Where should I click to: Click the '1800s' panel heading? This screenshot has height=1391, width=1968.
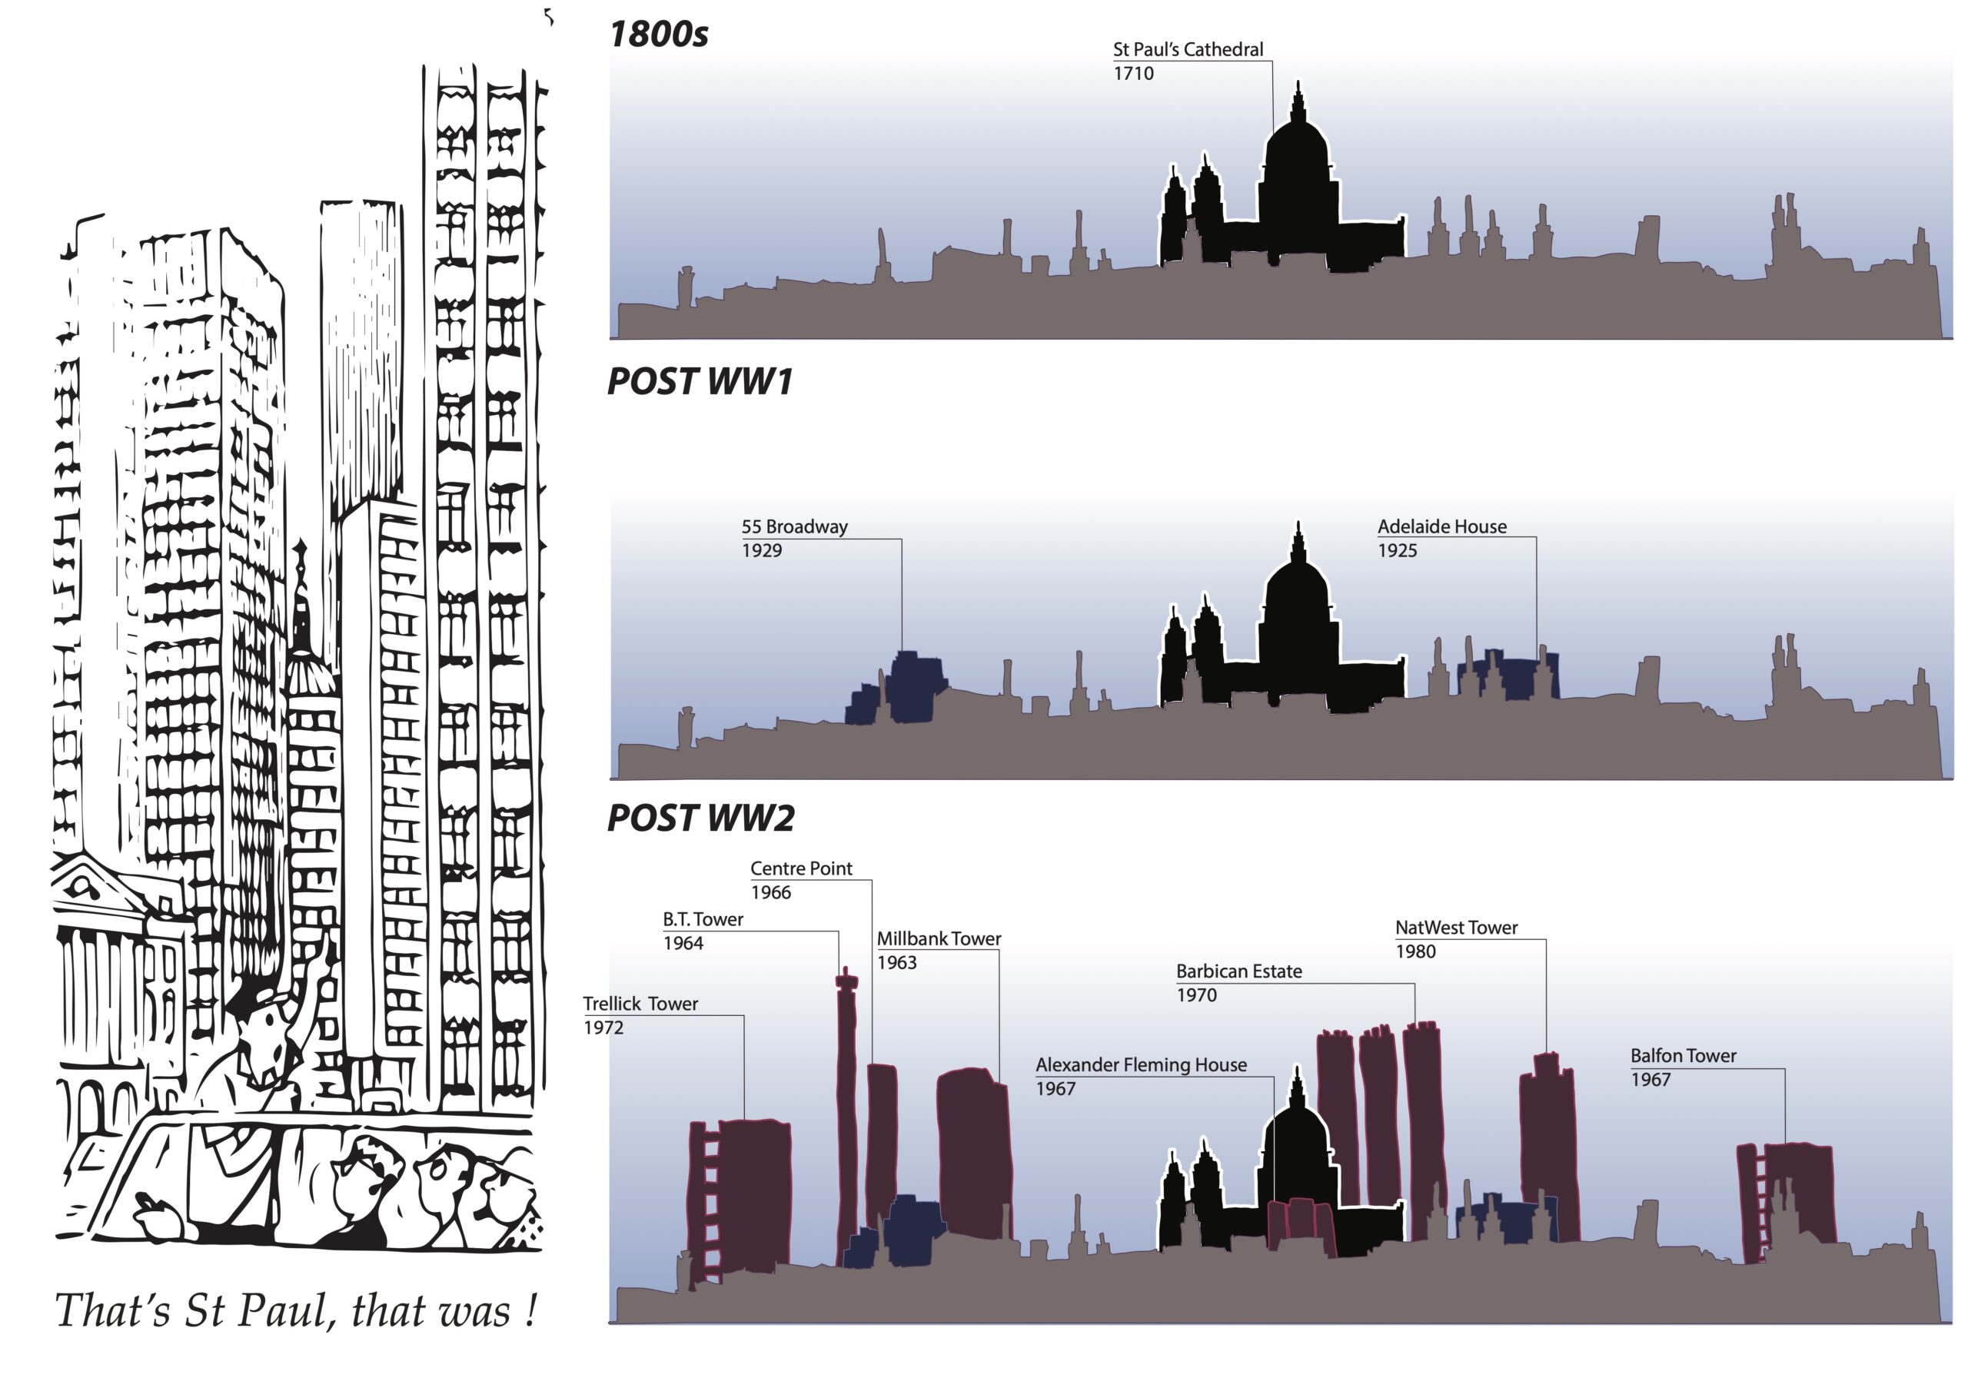coord(658,35)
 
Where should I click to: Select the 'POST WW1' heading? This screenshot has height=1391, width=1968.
coord(700,382)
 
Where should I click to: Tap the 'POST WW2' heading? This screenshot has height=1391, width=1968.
coord(700,818)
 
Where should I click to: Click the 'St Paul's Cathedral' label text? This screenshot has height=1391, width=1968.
coord(1187,50)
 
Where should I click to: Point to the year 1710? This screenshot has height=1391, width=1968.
coord(1133,74)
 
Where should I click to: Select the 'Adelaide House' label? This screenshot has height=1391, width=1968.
coord(1441,526)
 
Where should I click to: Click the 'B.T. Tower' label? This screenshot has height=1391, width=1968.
coord(703,920)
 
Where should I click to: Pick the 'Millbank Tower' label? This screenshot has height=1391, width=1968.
coord(939,938)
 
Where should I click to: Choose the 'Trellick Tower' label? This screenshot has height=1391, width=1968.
coord(640,1004)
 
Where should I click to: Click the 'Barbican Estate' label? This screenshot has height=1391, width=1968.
coord(1238,971)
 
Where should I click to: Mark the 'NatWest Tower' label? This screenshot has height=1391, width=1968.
coord(1456,928)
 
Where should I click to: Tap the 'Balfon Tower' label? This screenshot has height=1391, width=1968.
coord(1684,1056)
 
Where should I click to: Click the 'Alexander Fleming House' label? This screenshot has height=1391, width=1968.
coord(1141,1064)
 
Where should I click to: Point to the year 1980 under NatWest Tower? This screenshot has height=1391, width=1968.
coord(1415,951)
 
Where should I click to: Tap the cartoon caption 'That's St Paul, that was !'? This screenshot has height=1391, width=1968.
coord(296,1311)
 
